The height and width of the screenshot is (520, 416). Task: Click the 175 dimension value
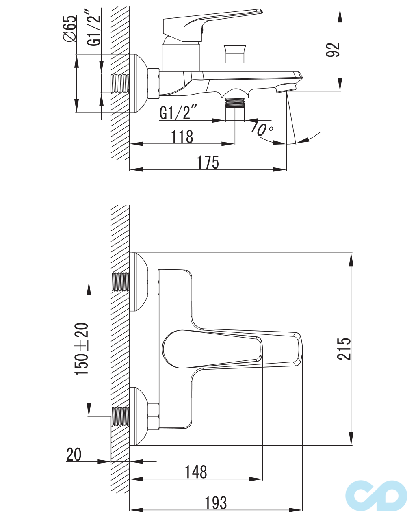point(208,162)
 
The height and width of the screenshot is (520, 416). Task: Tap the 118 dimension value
point(182,136)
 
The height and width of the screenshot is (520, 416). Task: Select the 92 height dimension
point(333,50)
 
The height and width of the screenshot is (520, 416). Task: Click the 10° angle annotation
point(262,128)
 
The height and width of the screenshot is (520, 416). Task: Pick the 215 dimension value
point(344,349)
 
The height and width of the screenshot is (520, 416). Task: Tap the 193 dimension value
point(216,503)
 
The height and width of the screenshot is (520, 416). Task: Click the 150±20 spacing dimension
point(82,349)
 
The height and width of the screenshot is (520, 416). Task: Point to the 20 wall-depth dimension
point(74,454)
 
